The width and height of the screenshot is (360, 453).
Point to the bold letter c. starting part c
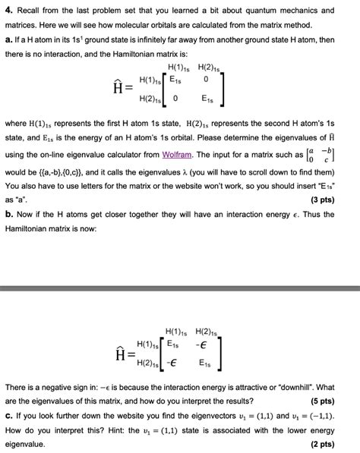[9, 417]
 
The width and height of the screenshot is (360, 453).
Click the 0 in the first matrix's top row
[205, 79]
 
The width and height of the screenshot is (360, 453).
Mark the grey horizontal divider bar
[180, 289]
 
